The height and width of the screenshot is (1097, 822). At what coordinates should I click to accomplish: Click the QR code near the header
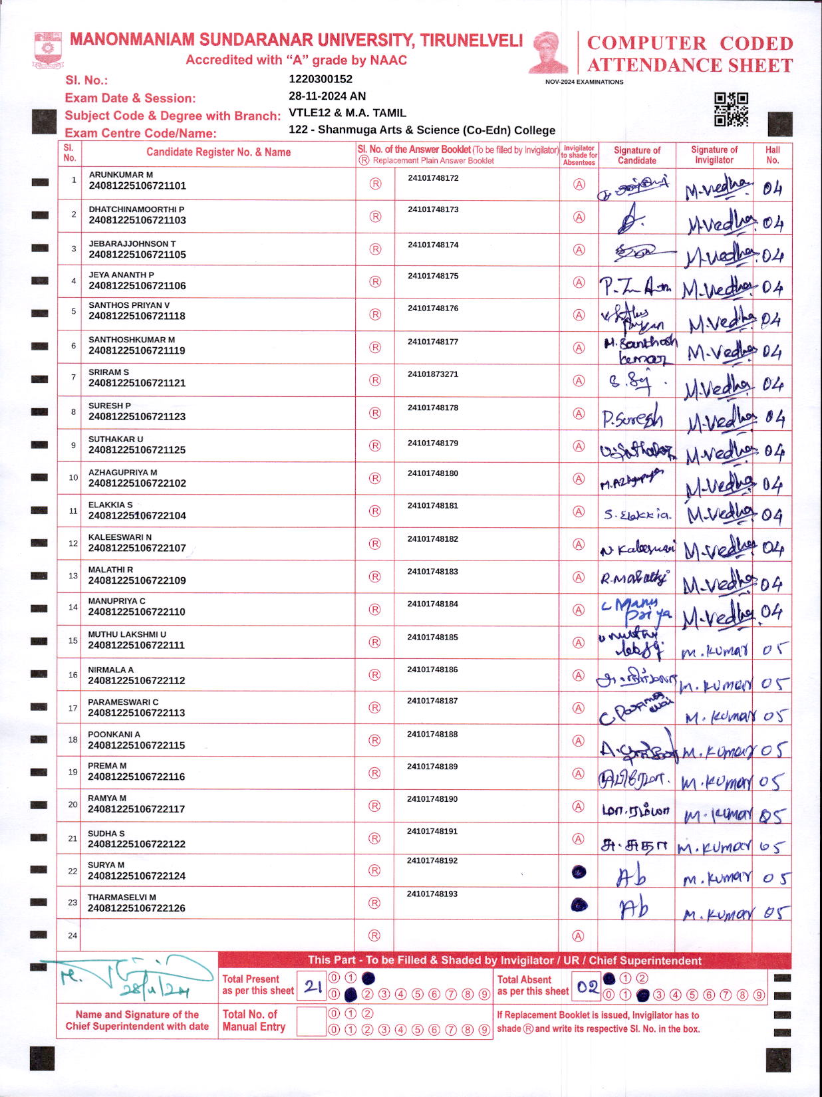[x=731, y=109]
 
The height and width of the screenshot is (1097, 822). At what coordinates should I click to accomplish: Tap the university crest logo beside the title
[x=47, y=50]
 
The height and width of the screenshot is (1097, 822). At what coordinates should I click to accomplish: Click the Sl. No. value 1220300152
[x=321, y=79]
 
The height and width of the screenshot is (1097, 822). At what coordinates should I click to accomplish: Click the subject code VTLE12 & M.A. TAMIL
[x=347, y=113]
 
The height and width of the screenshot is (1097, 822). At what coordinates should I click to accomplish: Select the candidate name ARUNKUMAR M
[x=121, y=175]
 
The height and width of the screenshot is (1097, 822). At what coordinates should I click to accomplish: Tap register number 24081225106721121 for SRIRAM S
[x=137, y=383]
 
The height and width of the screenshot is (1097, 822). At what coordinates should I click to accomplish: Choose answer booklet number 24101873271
[x=433, y=374]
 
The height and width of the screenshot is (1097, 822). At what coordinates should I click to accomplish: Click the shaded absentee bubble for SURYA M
[x=579, y=872]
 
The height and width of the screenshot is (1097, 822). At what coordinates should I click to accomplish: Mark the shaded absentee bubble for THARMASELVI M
[x=579, y=904]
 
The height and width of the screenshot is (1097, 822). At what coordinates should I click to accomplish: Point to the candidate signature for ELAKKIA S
[x=637, y=515]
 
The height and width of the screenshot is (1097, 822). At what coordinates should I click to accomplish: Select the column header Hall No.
[x=772, y=155]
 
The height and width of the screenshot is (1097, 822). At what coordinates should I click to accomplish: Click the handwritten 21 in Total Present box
[x=313, y=987]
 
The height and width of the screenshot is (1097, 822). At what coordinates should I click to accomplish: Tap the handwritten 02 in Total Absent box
[x=588, y=987]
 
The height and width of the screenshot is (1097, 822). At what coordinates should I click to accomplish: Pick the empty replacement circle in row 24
[x=375, y=935]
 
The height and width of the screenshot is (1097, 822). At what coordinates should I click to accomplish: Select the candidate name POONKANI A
[x=114, y=735]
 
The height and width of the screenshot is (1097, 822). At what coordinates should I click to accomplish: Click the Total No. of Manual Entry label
[x=253, y=1021]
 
